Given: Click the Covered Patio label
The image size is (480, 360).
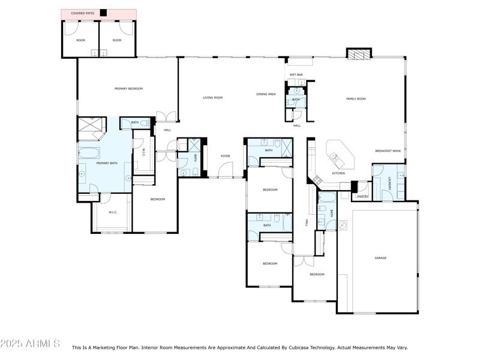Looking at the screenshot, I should point(82,13).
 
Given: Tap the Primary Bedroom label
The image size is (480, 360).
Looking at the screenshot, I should point(128,89).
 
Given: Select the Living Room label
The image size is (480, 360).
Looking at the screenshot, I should point(212,97).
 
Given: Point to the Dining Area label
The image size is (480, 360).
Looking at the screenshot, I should point(266,94).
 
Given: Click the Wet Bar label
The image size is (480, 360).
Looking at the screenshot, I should point(296,75).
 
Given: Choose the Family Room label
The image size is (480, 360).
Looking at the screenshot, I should point(356,99).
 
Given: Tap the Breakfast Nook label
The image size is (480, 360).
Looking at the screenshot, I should point(388,151).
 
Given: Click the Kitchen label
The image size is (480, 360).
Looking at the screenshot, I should point(338,173).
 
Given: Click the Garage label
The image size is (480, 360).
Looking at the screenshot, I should point(380,258).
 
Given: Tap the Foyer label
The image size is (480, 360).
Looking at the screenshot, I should point(225,156).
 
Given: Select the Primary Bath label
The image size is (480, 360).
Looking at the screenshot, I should point(107,163).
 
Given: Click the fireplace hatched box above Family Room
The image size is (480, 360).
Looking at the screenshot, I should point(359,55).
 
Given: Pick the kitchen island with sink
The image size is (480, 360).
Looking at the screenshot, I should point(340,156).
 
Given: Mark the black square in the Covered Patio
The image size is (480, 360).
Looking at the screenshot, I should point(103,13).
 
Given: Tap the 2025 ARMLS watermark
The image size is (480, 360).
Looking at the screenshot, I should point(30,344).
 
